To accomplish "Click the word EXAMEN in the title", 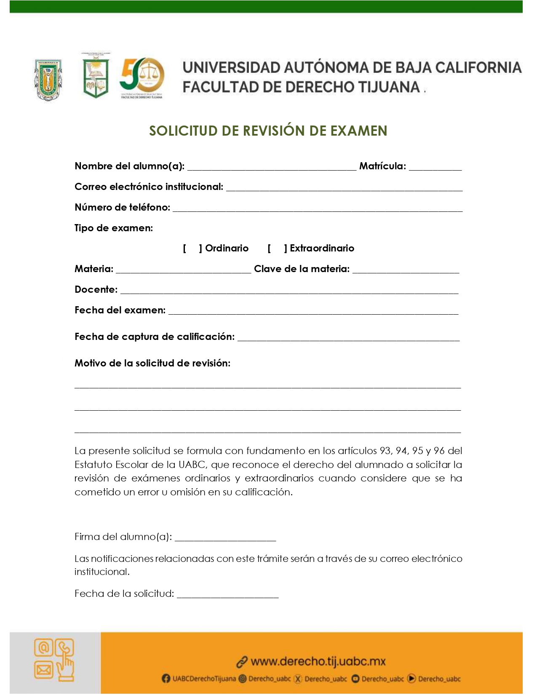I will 358,131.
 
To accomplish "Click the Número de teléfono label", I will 122,207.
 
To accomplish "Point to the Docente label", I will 96,289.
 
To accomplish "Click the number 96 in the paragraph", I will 439,451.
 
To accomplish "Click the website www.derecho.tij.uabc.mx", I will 318,661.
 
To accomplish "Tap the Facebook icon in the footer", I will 166,679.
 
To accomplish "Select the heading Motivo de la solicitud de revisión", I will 152,363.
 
